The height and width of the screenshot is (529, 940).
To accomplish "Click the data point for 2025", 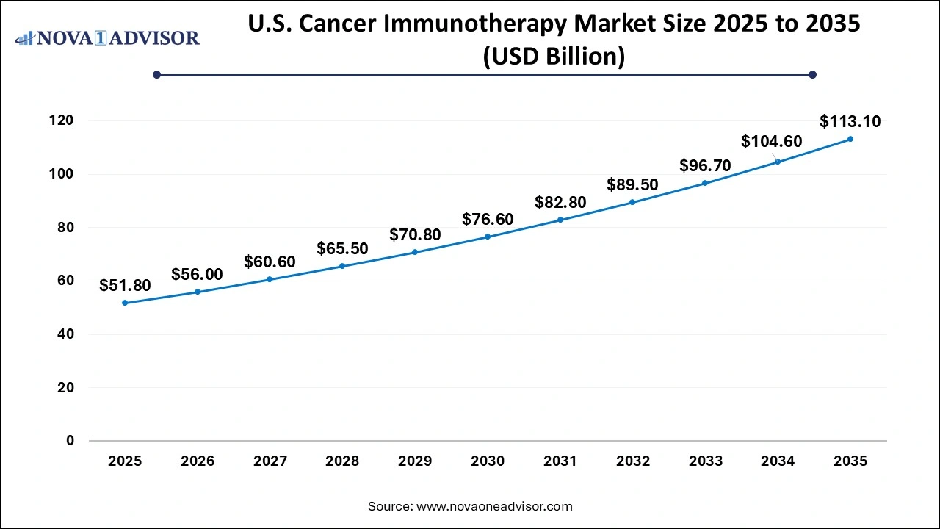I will tap(125, 303).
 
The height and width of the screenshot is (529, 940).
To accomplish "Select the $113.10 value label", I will tap(850, 121).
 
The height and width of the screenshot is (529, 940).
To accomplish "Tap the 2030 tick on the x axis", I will tap(488, 461).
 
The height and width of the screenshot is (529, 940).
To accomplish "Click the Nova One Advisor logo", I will tap(107, 38).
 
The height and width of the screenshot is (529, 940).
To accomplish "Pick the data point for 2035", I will tap(850, 139).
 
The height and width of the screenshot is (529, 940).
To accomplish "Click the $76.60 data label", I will tap(488, 219).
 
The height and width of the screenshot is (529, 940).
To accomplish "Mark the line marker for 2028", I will tap(342, 266).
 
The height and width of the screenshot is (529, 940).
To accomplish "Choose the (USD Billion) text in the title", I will tap(553, 56).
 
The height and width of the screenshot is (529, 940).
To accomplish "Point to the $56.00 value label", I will tap(197, 274).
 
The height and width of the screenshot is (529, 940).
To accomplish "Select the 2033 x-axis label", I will tap(705, 461).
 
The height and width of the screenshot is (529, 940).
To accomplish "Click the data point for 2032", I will tap(632, 202).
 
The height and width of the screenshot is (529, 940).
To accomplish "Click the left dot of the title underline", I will tap(156, 74).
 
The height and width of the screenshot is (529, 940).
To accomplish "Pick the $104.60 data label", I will tap(771, 142).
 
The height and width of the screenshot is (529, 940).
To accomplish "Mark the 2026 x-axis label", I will tap(198, 461).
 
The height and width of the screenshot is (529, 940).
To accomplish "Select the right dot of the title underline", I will tap(812, 74).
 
